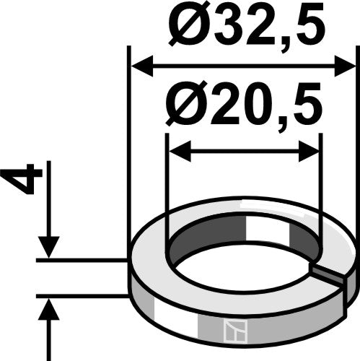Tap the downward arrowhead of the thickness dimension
pos(48,247)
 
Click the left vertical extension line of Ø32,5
pos(128,144)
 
